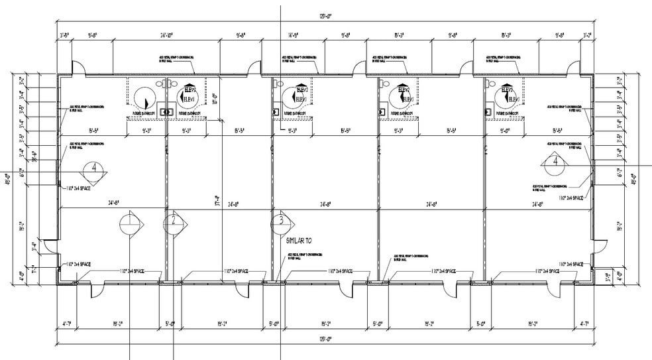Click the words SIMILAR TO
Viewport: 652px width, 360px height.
[x=298, y=241]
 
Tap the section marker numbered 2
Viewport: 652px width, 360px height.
[x=172, y=221]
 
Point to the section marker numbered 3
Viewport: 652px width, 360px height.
[x=282, y=221]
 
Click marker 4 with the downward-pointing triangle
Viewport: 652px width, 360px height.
[x=94, y=169]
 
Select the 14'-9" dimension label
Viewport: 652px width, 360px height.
[x=294, y=35]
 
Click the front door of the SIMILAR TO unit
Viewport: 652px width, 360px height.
[x=346, y=289]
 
